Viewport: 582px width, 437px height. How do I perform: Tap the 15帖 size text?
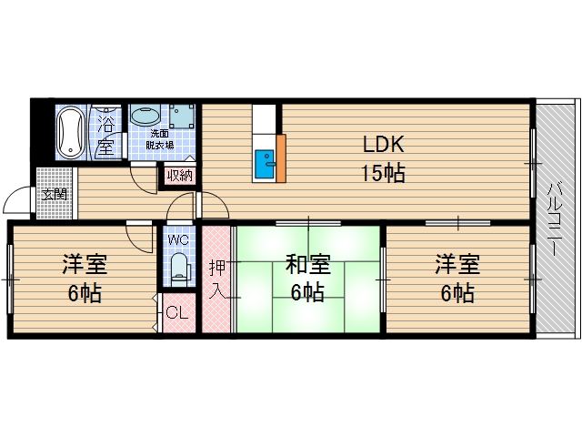click(384, 173)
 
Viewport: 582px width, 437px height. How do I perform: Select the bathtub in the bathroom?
click(70, 133)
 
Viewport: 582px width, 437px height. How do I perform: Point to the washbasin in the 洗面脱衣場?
click(145, 116)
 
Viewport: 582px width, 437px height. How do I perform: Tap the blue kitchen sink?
click(265, 165)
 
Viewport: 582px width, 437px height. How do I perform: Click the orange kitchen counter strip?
click(281, 158)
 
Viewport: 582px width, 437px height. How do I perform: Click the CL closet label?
click(177, 314)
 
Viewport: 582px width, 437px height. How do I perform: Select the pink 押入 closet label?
click(217, 279)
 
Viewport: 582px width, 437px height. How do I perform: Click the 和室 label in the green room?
click(307, 265)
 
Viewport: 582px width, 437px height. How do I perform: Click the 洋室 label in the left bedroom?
click(85, 265)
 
